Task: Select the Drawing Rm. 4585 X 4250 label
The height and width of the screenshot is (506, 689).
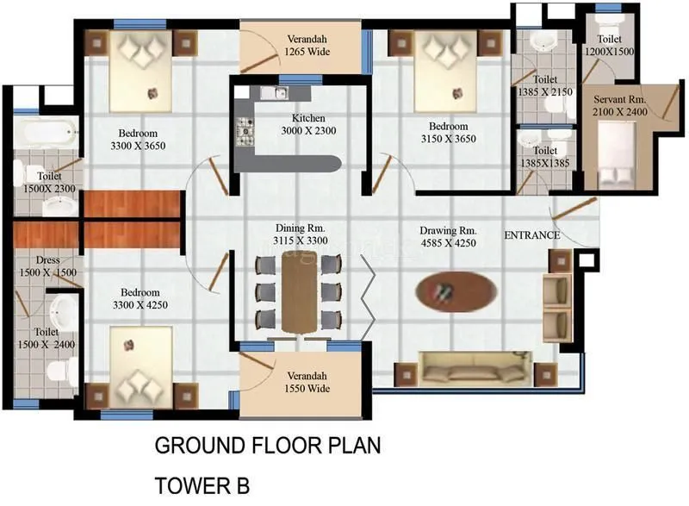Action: pyautogui.click(x=448, y=236)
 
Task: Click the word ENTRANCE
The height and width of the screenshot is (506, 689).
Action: pyautogui.click(x=531, y=235)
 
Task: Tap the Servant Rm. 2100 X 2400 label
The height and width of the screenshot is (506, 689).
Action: pyautogui.click(x=619, y=104)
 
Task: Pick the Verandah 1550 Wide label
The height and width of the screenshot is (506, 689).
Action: pyautogui.click(x=307, y=382)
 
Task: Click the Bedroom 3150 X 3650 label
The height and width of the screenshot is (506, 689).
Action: pyautogui.click(x=448, y=132)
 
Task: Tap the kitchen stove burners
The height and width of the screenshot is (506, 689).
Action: pyautogui.click(x=245, y=130)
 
